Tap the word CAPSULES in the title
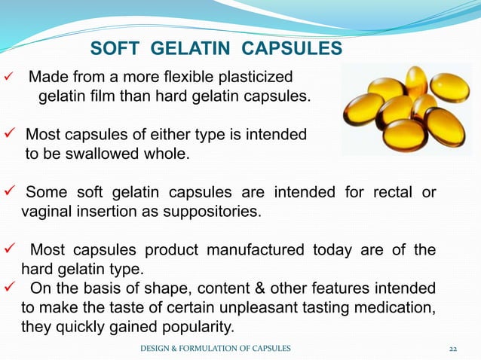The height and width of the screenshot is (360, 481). pos(293,50)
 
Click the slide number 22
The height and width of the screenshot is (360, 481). pos(453,347)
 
